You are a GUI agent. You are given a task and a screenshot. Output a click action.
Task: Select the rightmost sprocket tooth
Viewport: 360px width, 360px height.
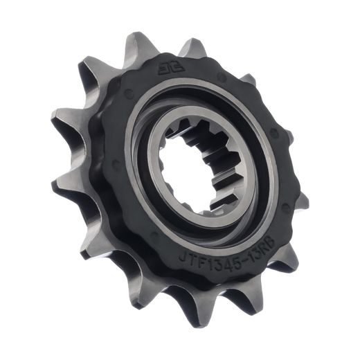(299, 201)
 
